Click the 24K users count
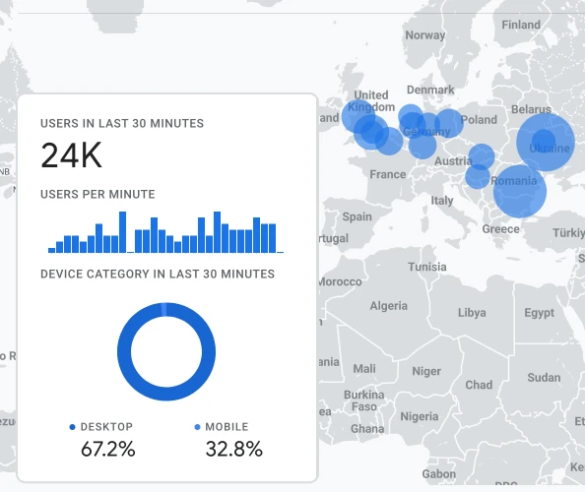(71, 155)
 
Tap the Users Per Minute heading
(97, 194)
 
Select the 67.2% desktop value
(107, 450)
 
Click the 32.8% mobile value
(233, 450)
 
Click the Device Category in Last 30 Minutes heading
(158, 274)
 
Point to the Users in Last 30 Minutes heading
(122, 123)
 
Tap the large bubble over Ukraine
(546, 143)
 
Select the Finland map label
(520, 26)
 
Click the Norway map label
(425, 35)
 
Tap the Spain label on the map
(357, 216)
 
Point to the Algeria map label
(388, 306)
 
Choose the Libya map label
(472, 313)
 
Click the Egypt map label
(539, 313)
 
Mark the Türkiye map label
(567, 233)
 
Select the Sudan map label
(544, 377)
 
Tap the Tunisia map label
(427, 267)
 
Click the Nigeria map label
(420, 416)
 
